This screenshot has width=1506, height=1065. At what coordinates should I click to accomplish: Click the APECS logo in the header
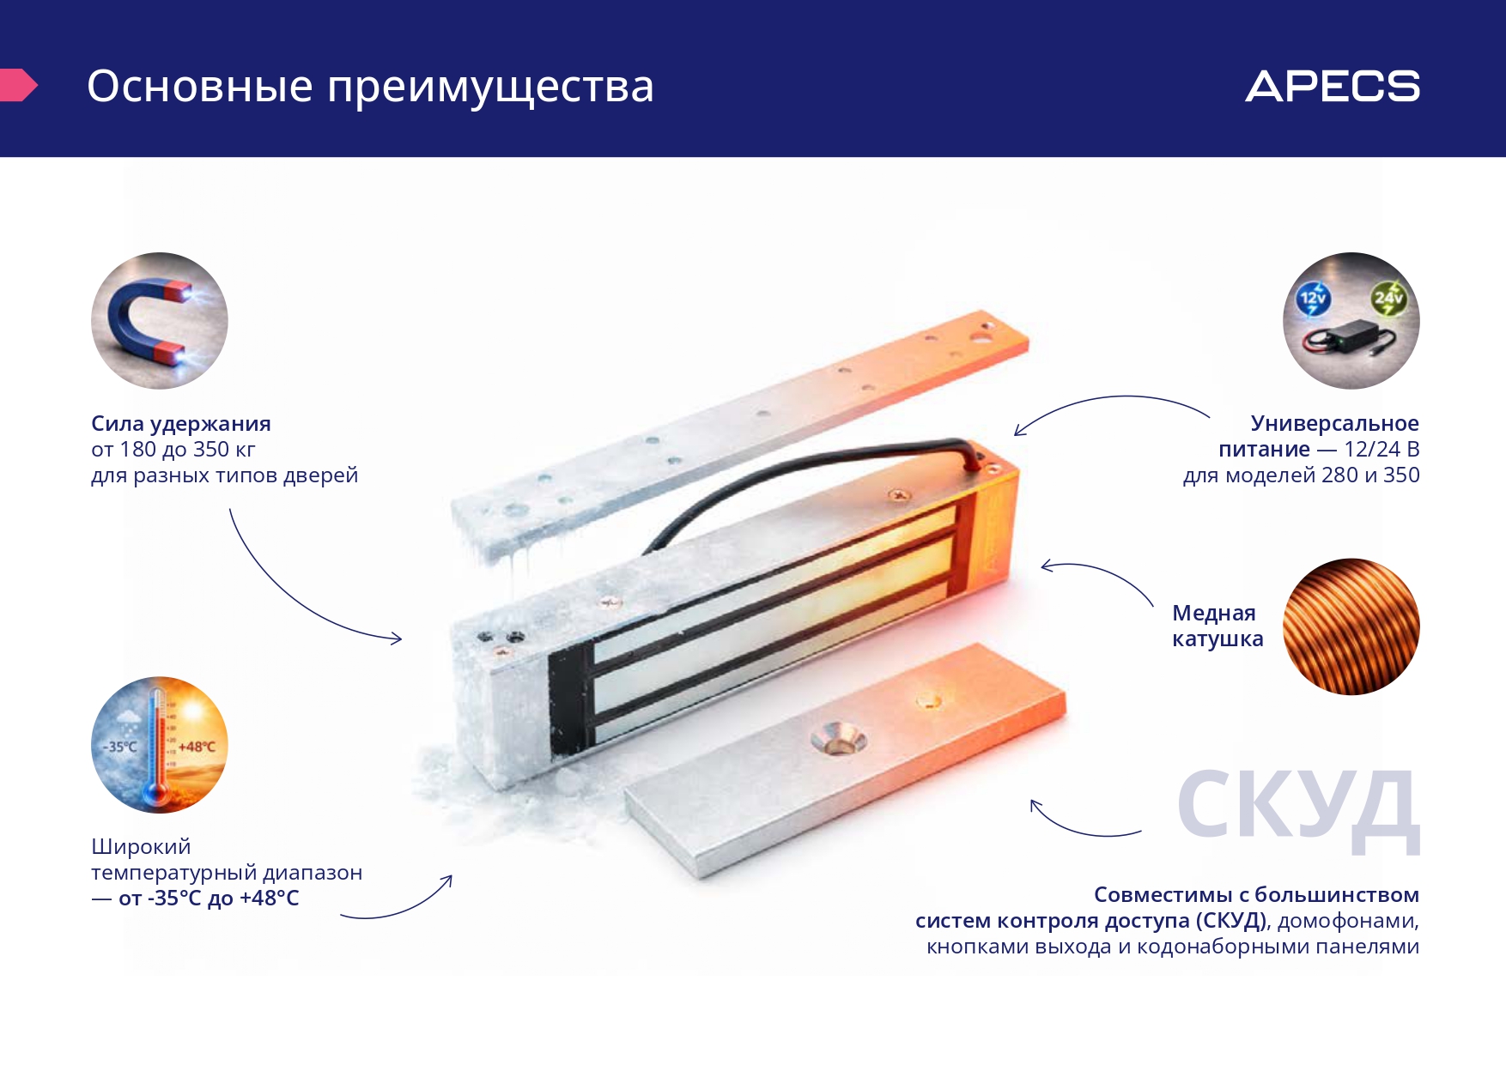tap(1333, 86)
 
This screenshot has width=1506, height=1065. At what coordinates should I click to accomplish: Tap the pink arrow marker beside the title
tap(18, 85)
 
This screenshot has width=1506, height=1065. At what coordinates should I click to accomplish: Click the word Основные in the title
tap(200, 87)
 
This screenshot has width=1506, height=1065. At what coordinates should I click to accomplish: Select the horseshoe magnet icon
tap(160, 320)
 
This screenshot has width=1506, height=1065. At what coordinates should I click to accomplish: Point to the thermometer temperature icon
tap(160, 745)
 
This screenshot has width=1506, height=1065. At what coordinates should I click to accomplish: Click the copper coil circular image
tap(1351, 626)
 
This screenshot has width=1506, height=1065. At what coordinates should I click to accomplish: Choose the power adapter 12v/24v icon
tap(1351, 320)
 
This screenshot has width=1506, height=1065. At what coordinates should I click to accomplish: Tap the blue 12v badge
tap(1313, 299)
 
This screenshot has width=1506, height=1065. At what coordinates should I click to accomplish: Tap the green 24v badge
tap(1388, 298)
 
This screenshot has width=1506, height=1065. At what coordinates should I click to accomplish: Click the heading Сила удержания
tap(181, 424)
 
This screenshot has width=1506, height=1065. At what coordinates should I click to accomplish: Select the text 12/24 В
tap(1382, 449)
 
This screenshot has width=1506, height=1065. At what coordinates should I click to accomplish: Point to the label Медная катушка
tap(1218, 626)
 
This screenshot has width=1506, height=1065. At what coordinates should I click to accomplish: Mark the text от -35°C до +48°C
tap(209, 899)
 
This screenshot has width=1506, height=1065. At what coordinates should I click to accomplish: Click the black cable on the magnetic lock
tap(807, 481)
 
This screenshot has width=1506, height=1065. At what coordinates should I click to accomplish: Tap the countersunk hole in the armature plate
tap(839, 738)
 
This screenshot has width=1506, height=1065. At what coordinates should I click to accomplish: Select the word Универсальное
tap(1335, 424)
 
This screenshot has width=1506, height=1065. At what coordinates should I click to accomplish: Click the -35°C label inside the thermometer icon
tap(120, 747)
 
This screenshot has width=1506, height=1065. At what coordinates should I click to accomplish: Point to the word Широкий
tap(141, 847)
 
